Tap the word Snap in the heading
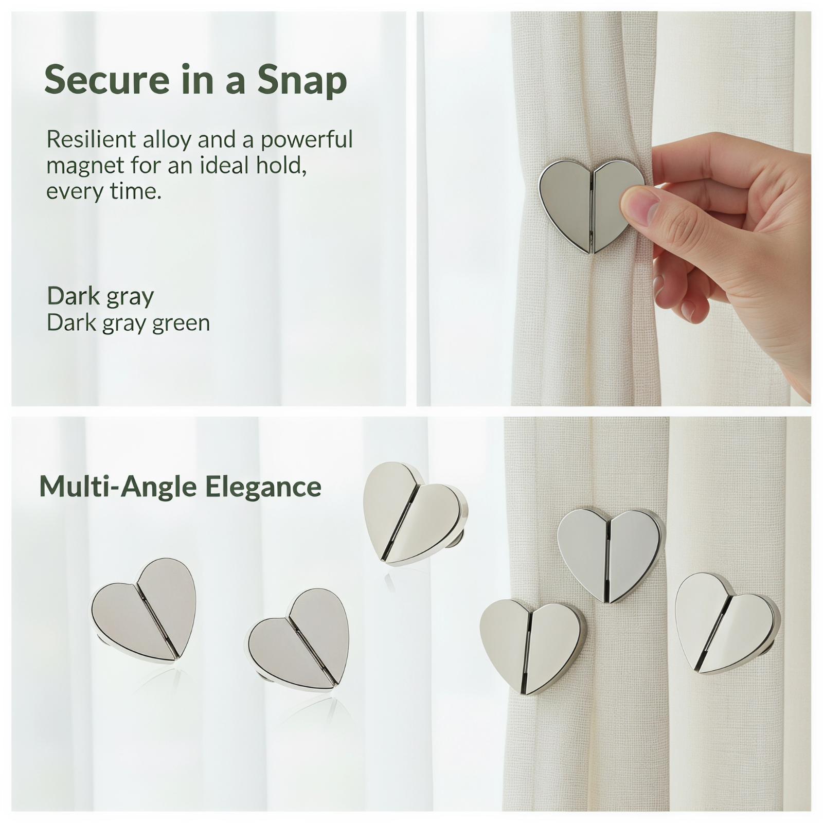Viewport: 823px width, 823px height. pyautogui.click(x=302, y=81)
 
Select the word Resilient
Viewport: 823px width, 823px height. pyautogui.click(x=91, y=139)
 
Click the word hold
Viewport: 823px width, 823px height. pyautogui.click(x=282, y=166)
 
